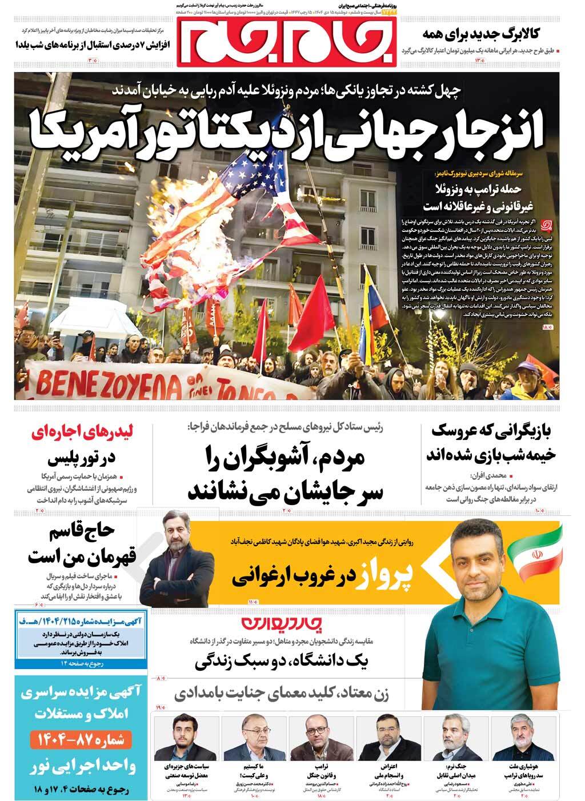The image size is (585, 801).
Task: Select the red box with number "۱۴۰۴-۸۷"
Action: click(x=76, y=740)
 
